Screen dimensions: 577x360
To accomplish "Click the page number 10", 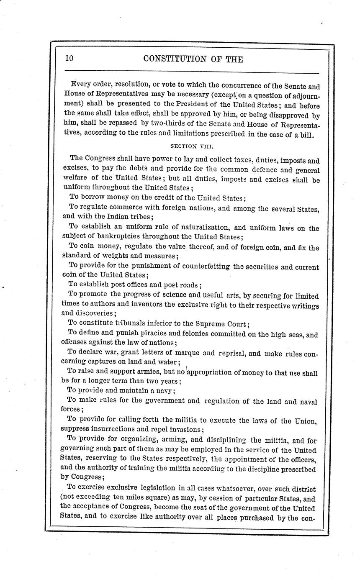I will tap(69, 59).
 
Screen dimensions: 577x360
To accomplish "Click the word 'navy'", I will tap(165, 391).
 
